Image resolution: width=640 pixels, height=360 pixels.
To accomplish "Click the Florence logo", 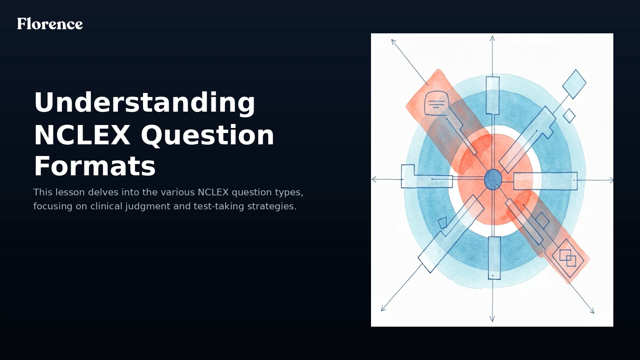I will (x=50, y=24).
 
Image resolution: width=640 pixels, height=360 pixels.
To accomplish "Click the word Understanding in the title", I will (x=144, y=103).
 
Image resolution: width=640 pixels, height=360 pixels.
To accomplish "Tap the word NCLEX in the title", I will (x=82, y=135).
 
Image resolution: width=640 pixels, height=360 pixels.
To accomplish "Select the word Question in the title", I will (x=207, y=135).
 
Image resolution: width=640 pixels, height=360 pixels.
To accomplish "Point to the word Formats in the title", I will (x=95, y=166).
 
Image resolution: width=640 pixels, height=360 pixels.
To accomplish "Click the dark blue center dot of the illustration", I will (x=493, y=179).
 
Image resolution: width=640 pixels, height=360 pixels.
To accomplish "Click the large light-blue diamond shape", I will (x=574, y=84).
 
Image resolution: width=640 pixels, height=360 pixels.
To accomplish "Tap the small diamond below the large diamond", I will (x=569, y=116).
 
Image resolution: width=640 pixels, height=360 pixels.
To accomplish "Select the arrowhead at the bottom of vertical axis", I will (x=492, y=320).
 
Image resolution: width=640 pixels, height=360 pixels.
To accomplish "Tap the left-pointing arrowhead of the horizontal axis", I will (x=374, y=179).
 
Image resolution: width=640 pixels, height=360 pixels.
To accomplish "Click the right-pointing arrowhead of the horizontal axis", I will (x=611, y=180).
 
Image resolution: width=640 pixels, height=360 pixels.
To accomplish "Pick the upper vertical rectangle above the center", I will (x=493, y=95).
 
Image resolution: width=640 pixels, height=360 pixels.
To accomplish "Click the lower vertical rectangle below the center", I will (x=494, y=258).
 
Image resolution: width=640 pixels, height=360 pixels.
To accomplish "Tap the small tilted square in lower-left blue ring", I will (x=442, y=223).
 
